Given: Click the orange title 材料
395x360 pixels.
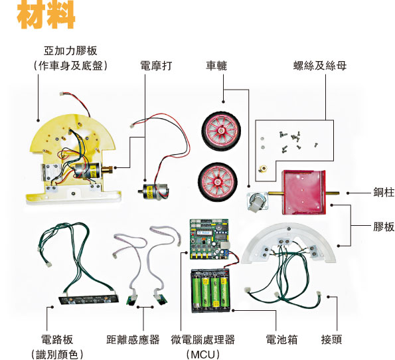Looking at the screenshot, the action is click(46, 15).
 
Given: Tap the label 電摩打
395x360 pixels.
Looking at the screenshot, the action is click(156, 66).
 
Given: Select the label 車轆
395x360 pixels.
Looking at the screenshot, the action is click(216, 66).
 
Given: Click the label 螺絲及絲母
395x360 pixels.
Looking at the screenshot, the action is click(320, 66).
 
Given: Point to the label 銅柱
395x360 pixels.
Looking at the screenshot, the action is click(384, 192).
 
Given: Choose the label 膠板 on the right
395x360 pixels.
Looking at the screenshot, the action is click(384, 227).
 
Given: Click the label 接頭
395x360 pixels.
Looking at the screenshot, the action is click(331, 339).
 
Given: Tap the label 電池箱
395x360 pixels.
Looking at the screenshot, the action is click(281, 339).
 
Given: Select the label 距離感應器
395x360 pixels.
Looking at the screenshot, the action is click(133, 339).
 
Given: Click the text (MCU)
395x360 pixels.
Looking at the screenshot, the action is click(203, 354).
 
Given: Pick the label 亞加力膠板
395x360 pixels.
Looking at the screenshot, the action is click(70, 50).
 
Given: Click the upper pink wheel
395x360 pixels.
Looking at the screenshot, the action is click(221, 131).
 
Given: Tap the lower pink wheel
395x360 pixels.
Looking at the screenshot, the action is click(218, 181).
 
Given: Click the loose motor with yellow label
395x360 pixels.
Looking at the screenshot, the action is click(153, 191).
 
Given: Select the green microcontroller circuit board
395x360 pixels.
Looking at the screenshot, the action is click(210, 240).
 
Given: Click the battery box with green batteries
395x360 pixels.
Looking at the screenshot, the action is click(210, 291).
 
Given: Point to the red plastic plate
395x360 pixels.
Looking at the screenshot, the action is click(304, 192).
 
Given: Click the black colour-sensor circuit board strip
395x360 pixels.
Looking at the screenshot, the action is click(89, 300).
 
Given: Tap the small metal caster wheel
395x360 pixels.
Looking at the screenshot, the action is click(257, 201).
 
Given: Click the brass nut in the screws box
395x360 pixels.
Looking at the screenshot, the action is click(263, 169).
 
